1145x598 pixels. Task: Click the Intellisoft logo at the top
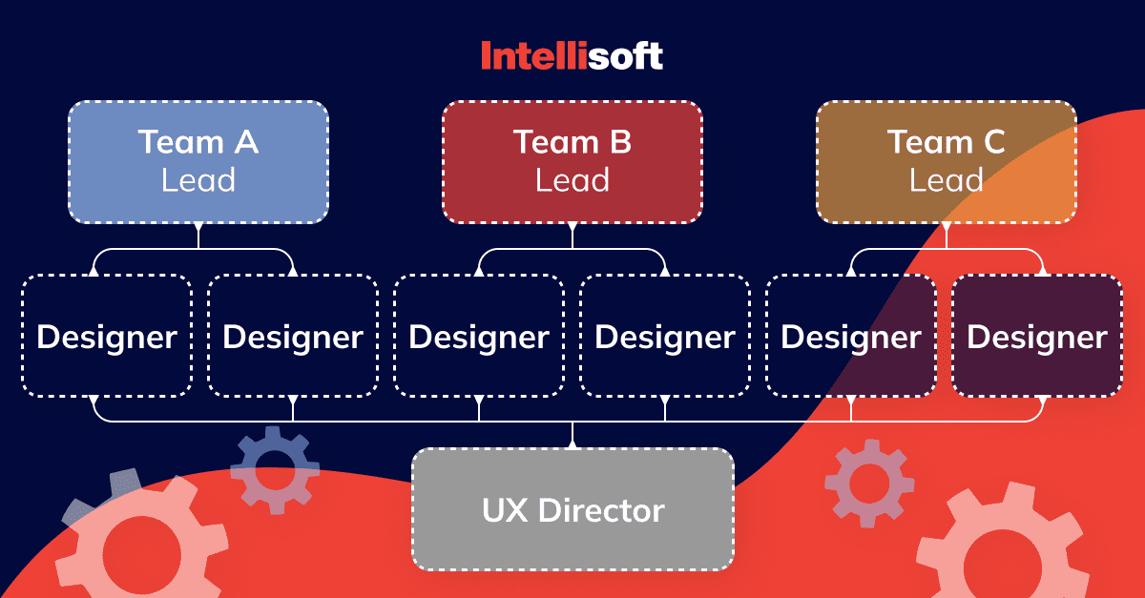[x=572, y=55]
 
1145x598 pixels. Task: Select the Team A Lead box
[x=198, y=162]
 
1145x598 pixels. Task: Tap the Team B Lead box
[x=572, y=162]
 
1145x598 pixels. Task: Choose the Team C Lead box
[x=947, y=162]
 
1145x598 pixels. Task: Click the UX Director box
[x=573, y=509]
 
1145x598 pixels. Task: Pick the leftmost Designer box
[x=107, y=336]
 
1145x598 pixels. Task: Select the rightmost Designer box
[x=1037, y=336]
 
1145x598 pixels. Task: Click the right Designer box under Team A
[x=293, y=336]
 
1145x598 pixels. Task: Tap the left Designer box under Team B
[x=479, y=336]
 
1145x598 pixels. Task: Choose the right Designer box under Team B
[x=665, y=336]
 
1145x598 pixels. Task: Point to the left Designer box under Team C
[x=851, y=336]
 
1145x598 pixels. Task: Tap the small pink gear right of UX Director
[x=869, y=483]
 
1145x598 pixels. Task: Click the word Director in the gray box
[x=601, y=510]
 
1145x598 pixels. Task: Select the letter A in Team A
[x=246, y=141]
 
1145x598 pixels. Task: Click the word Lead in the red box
[x=572, y=180]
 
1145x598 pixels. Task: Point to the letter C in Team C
[x=994, y=141]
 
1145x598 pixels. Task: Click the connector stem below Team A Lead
[x=198, y=237]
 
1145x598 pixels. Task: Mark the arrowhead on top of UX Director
[x=572, y=443]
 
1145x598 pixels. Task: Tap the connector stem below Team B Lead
[x=572, y=237]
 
